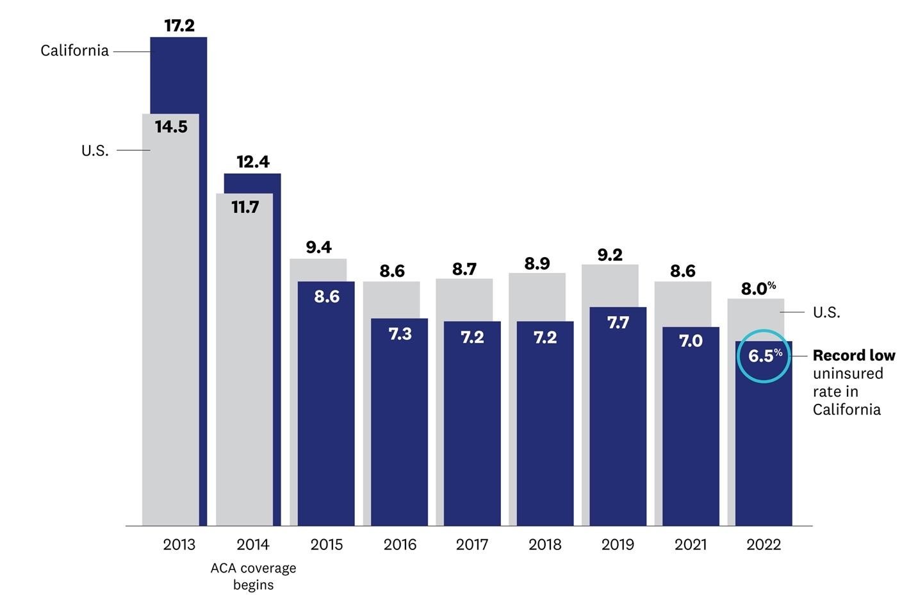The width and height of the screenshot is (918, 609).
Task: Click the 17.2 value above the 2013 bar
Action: [x=179, y=26]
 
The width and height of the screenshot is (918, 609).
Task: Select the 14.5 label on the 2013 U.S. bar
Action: [x=171, y=127]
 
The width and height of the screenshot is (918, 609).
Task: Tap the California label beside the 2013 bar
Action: [x=74, y=51]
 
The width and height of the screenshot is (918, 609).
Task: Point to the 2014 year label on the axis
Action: [x=252, y=545]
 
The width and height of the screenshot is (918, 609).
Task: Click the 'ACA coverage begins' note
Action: [x=253, y=576]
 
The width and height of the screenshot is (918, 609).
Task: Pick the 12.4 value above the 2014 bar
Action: [x=252, y=162]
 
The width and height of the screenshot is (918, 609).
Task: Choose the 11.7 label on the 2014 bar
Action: [x=245, y=207]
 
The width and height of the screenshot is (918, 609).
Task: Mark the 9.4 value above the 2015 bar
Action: [x=318, y=247]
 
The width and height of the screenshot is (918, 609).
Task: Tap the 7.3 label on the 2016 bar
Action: [x=400, y=334]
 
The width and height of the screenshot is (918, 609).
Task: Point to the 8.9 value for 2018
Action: [x=537, y=263]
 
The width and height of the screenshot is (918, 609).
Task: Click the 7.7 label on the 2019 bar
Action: [x=618, y=323]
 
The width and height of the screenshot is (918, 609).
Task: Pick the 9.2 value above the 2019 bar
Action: [x=609, y=255]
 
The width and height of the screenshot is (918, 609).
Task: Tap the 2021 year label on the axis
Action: [x=691, y=545]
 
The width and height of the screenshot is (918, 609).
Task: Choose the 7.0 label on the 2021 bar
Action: [x=691, y=341]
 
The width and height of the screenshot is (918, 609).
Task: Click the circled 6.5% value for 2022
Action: [x=764, y=356]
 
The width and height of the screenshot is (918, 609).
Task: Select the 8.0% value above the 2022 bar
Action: [x=758, y=288]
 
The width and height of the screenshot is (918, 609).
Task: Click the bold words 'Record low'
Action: [x=853, y=355]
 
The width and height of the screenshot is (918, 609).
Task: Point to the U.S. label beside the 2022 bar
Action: [x=826, y=312]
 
